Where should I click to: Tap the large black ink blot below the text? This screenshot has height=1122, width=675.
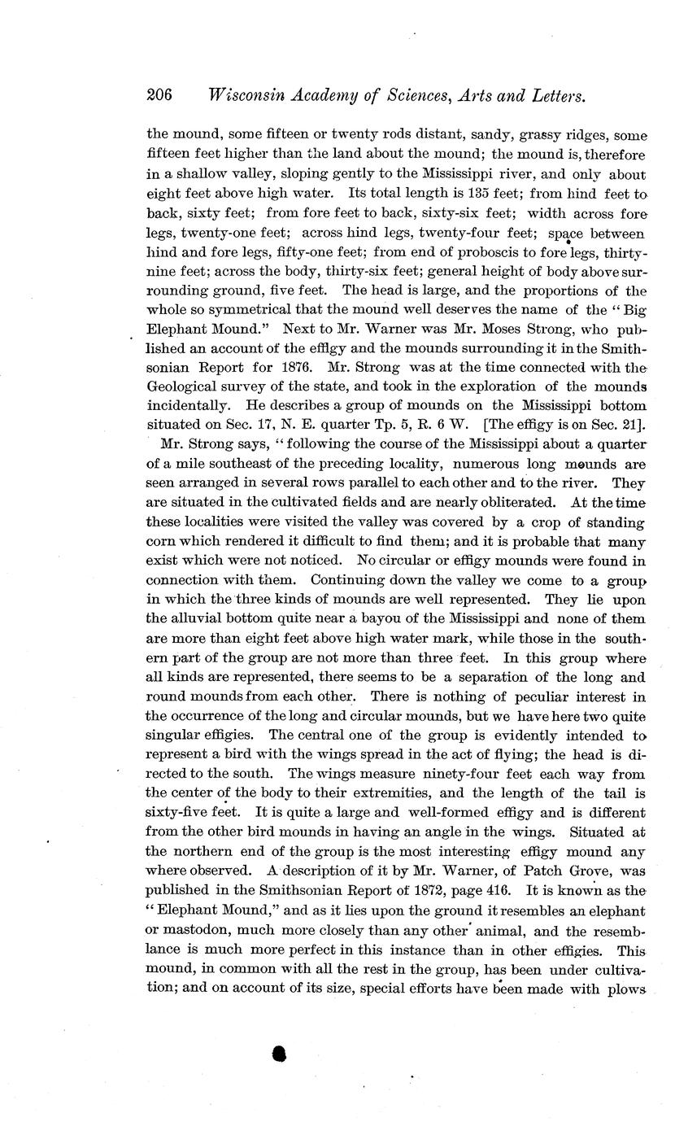point(280,1054)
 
